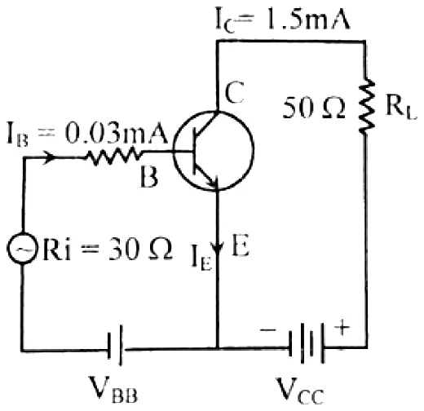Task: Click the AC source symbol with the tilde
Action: coord(21,248)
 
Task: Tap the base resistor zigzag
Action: coord(113,157)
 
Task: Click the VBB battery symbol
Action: coord(115,345)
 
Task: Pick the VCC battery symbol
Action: coord(307,342)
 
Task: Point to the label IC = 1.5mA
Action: coord(282,20)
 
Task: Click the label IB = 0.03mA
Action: coord(86,135)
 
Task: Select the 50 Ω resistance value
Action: coord(313,108)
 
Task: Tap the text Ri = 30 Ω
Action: coord(108,250)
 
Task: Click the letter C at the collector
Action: coord(234,92)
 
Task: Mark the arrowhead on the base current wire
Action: coord(50,157)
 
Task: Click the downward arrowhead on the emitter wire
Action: coord(218,247)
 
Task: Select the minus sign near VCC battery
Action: coord(268,330)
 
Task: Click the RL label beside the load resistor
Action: coord(401,108)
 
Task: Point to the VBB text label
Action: coord(113,390)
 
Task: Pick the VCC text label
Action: coord(300,391)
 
